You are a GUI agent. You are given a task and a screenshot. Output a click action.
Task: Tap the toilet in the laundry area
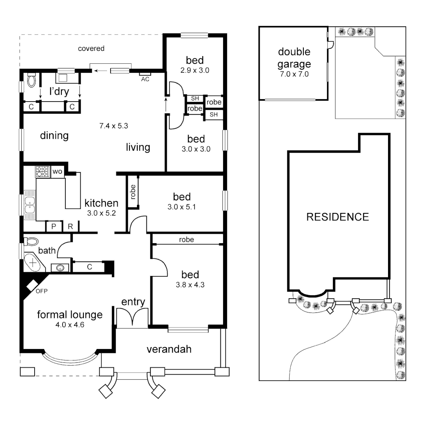point(32,80)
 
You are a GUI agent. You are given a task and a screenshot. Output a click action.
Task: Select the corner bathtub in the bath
point(33,261)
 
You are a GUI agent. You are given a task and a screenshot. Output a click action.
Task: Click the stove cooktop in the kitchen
point(42,172)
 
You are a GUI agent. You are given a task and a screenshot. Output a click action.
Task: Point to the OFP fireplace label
point(41,292)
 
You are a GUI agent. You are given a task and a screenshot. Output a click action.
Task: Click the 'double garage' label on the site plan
point(294,58)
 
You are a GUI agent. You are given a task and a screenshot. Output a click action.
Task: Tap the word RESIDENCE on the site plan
point(338,217)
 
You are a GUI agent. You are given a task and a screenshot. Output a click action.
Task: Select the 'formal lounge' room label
point(70,315)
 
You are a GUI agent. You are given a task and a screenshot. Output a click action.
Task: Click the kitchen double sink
point(30,205)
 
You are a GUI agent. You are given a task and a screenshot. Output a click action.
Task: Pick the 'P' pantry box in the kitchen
point(53,226)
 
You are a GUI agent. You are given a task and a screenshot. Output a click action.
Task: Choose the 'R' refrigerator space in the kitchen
point(70,226)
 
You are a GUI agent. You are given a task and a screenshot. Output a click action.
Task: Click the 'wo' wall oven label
point(57,172)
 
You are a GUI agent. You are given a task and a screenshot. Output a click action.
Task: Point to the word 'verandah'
point(169,349)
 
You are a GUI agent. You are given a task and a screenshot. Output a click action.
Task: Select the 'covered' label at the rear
point(91,48)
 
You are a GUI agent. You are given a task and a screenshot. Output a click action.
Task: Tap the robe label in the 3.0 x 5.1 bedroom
point(133,192)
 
